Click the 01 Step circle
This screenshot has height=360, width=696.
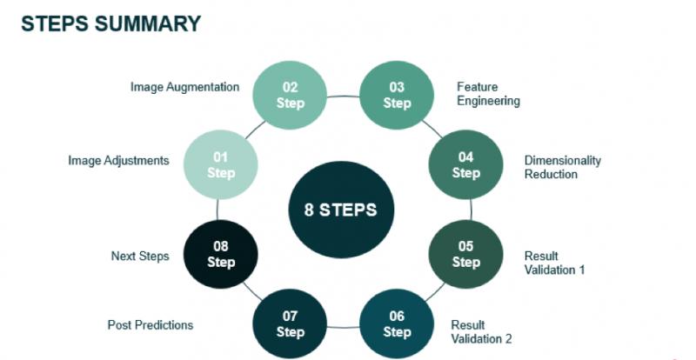(x=221, y=164)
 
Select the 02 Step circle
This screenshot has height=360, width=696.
(x=290, y=95)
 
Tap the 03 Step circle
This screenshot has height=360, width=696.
(x=397, y=95)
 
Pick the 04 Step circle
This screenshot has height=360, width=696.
(x=465, y=164)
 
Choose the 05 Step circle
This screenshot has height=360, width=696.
(x=465, y=254)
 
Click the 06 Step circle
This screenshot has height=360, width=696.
(x=397, y=323)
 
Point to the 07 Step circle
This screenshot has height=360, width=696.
(x=290, y=323)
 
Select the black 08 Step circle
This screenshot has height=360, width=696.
(x=221, y=254)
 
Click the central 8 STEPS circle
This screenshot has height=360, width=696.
(x=341, y=209)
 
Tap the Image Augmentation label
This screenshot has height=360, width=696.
(x=184, y=87)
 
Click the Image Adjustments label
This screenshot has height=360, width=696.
(x=118, y=160)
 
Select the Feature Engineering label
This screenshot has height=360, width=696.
(x=488, y=94)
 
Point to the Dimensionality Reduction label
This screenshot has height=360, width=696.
(x=562, y=167)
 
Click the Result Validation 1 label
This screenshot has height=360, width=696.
(x=554, y=263)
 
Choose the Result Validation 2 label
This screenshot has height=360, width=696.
(x=481, y=332)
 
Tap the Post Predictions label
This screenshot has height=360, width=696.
(x=151, y=325)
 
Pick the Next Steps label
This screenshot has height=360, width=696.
(x=140, y=257)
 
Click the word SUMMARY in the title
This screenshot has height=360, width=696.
(x=147, y=23)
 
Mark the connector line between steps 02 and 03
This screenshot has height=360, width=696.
(x=343, y=96)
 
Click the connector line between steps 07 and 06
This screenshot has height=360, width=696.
(x=343, y=328)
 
